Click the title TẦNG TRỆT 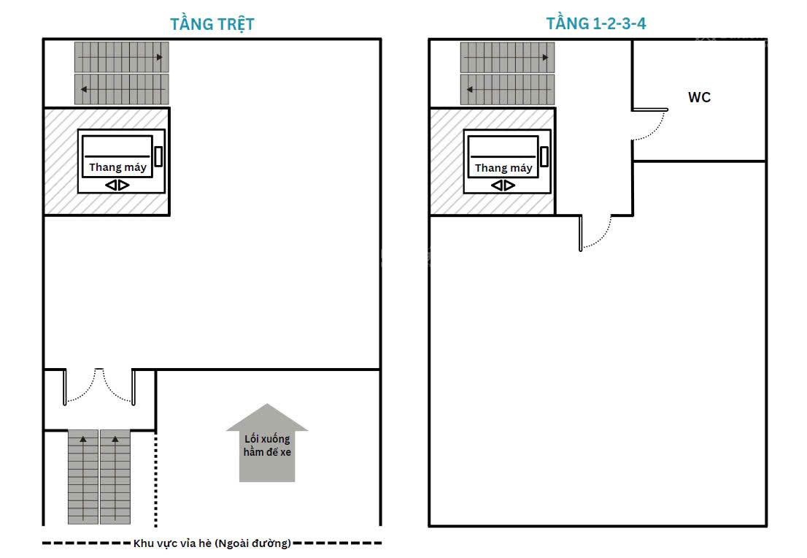[212, 24]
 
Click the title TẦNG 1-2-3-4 [596, 23]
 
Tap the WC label [699, 97]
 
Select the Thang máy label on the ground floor [118, 167]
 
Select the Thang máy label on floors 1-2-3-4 [503, 168]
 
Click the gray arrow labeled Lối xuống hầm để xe [266, 443]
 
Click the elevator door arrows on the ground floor [117, 185]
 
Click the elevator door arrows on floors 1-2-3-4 [503, 185]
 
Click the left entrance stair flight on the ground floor [83, 477]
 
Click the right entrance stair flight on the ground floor [115, 477]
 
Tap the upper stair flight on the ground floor [121, 57]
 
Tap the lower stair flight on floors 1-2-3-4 [507, 90]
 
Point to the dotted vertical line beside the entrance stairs [156, 479]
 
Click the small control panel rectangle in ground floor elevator [158, 156]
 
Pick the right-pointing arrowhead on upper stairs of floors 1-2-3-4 [545, 57]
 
